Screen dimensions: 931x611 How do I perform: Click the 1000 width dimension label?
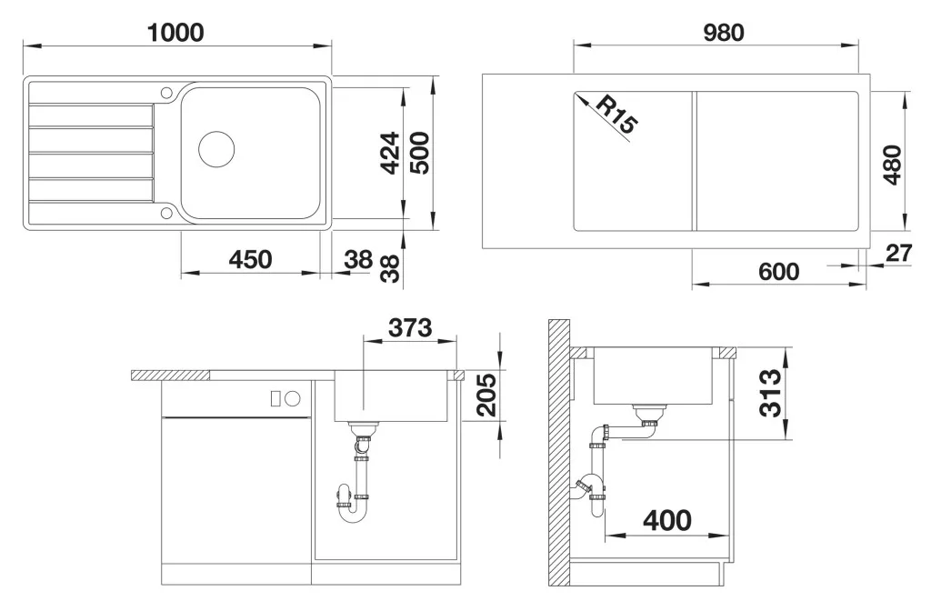pos(175,32)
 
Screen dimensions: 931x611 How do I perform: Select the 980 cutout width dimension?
pos(724,33)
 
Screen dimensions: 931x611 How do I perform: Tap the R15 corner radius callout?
pos(616,114)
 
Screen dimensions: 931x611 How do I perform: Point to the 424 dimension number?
pos(389,153)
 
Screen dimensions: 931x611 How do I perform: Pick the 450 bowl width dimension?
pos(250,259)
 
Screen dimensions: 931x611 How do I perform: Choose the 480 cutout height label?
pos(892,165)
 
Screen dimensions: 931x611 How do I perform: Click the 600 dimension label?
pos(778,271)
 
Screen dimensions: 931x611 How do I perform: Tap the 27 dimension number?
pos(898,253)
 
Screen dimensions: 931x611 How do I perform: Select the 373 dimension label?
pos(410,327)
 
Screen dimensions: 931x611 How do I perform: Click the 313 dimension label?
pos(770,393)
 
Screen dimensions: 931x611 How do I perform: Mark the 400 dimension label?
pos(667,521)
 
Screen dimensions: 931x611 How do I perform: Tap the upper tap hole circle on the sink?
pos(166,93)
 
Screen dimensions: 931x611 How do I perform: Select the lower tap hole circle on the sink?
pos(166,213)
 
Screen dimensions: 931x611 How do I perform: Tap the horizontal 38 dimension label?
pos(358,259)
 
